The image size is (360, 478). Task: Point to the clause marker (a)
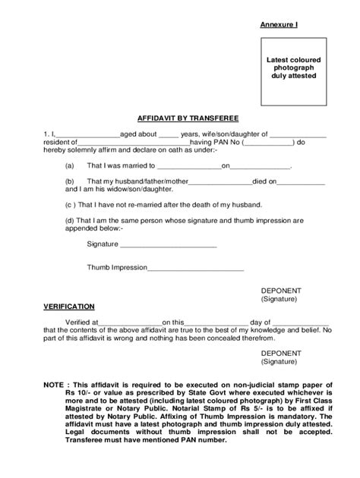click(69, 165)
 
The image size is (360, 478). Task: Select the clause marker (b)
click(69, 181)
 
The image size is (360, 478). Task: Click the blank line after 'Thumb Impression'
click(195, 269)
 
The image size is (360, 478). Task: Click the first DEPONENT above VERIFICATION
click(281, 291)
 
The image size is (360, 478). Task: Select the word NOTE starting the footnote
click(52, 385)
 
